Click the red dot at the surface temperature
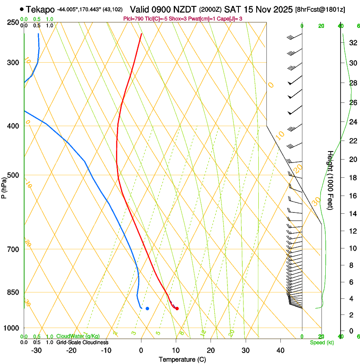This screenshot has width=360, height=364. pos(177,309)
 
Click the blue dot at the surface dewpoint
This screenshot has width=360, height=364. pos(147,309)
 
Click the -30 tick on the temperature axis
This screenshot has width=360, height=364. pos(36,350)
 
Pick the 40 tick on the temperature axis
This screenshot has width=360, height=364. pos(280,350)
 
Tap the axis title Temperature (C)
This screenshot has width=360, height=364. pos(182,359)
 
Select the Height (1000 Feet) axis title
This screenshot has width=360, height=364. pos(330,180)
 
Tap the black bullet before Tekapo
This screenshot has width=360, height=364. pos(22,9)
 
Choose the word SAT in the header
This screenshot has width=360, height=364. pos(232,9)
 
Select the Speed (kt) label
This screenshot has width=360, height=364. pos(321,342)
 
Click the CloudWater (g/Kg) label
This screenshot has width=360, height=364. pos(78,336)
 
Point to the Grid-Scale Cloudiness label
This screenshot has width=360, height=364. pos(82,342)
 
